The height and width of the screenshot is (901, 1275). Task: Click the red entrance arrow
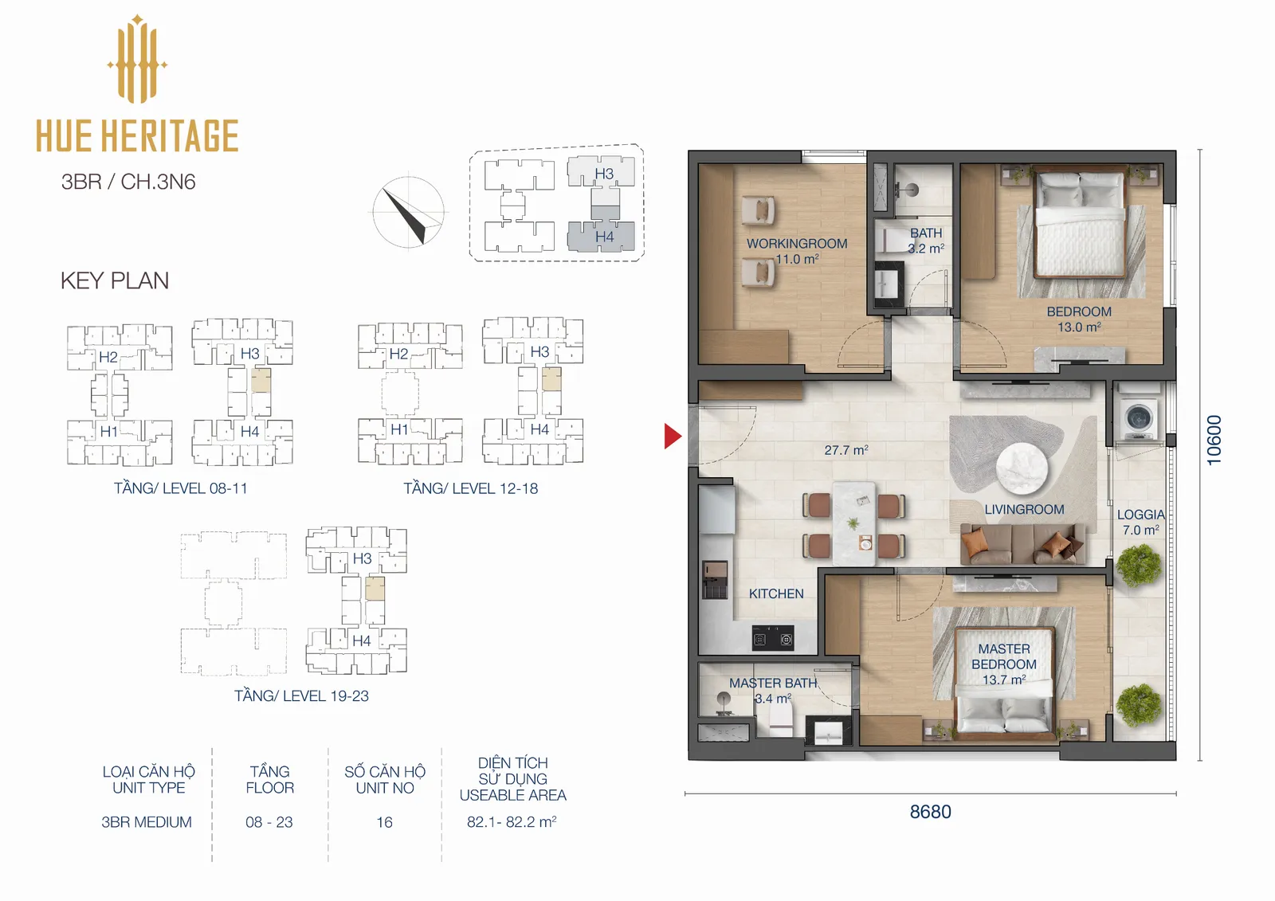click(672, 436)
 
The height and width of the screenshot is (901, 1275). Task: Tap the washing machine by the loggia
click(1139, 418)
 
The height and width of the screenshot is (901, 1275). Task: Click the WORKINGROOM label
click(797, 244)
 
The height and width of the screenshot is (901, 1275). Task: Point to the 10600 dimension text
click(1214, 440)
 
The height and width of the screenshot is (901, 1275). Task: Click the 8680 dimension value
click(930, 812)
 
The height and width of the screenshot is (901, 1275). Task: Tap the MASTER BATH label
click(773, 683)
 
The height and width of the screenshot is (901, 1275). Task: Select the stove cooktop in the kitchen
click(773, 639)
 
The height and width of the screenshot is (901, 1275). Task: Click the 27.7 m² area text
click(845, 449)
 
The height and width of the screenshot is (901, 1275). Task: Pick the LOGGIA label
click(1140, 515)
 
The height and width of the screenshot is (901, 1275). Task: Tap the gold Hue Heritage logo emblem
click(137, 59)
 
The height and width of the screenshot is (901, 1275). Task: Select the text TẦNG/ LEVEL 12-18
click(471, 488)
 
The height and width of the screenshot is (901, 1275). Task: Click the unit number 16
click(384, 822)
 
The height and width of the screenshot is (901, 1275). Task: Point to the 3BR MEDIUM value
click(147, 822)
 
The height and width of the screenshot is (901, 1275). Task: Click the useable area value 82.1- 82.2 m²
click(511, 822)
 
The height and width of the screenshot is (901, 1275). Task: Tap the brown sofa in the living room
click(1022, 543)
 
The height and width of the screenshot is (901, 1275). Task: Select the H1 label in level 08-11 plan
click(108, 432)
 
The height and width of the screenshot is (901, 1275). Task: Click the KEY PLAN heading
click(115, 280)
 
